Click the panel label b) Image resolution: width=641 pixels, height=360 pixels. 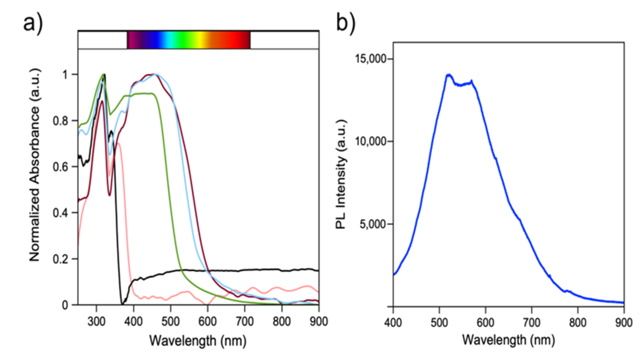point(346,23)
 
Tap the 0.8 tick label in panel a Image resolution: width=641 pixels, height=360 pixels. point(60,121)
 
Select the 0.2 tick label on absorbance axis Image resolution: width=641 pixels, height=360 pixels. point(60,259)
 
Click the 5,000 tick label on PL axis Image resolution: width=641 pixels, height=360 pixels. point(373,224)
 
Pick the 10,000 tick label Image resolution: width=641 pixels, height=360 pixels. point(370,141)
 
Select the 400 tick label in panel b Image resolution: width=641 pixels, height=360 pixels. point(393,323)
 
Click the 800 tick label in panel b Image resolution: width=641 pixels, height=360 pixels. point(578,323)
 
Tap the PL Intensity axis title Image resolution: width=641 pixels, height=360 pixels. point(341,174)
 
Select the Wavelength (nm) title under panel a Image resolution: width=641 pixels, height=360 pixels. point(198,341)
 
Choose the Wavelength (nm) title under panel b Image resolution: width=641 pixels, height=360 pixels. point(508,340)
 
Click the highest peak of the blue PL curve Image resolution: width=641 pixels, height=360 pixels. point(449,75)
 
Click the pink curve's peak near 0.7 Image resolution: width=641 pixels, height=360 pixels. point(117,143)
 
